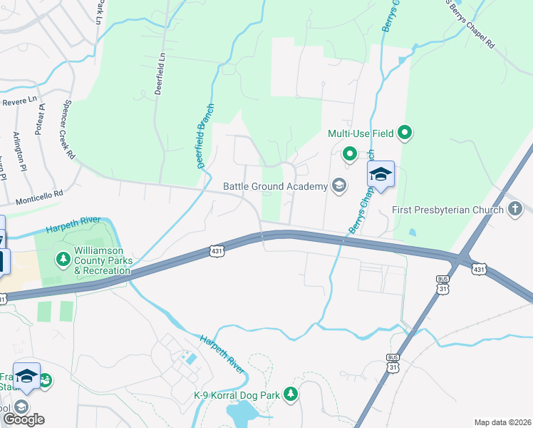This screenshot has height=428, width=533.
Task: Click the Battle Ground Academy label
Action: coord(275,186)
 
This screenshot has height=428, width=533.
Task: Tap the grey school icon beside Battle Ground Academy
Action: coord(338,186)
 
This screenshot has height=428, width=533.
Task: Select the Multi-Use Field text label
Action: coord(361,133)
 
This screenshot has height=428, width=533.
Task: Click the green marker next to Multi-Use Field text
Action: coord(405,133)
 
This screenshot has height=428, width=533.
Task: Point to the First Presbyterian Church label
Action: coord(447,210)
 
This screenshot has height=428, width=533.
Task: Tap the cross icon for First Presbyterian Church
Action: coord(515,209)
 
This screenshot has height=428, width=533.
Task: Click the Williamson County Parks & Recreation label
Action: coord(109,261)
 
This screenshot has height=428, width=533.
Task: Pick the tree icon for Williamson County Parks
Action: coord(63,258)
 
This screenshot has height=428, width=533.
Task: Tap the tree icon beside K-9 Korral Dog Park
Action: coord(290,394)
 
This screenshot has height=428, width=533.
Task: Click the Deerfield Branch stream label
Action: coord(206,136)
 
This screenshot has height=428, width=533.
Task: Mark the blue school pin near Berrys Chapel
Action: coord(381,175)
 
